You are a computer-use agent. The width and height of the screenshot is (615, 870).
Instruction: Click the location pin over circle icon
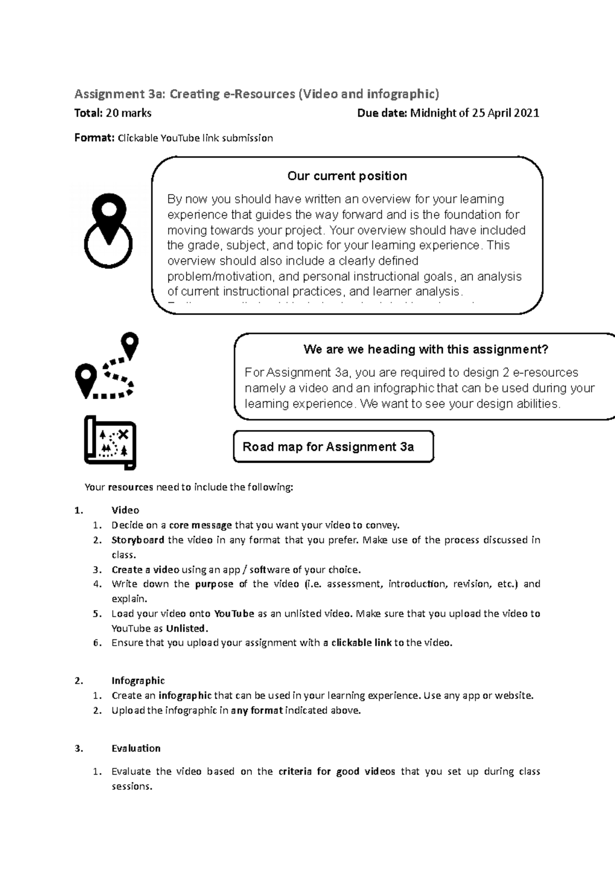[108, 231]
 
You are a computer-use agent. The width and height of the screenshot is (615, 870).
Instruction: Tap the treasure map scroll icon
[110, 443]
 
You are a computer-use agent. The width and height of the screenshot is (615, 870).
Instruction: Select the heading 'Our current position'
[347, 176]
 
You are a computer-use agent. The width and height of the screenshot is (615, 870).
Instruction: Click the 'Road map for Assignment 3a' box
[333, 447]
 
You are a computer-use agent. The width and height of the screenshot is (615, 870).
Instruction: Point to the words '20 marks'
[128, 113]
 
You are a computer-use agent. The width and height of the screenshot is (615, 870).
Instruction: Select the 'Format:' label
[94, 138]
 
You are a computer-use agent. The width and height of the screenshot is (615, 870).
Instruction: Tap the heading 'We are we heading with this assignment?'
[425, 349]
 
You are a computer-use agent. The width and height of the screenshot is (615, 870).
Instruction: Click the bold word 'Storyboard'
[138, 540]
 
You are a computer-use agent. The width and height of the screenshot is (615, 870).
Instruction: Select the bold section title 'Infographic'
[138, 680]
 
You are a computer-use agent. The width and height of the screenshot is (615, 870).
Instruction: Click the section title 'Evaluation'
[136, 748]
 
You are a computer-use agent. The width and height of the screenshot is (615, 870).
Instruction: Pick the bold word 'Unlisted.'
[188, 628]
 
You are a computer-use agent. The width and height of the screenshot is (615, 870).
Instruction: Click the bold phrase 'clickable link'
[361, 643]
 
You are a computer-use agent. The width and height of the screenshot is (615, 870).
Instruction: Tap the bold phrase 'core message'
[200, 525]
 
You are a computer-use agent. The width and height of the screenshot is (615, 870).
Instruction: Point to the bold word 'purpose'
[214, 584]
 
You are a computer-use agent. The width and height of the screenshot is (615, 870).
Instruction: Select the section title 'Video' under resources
[126, 510]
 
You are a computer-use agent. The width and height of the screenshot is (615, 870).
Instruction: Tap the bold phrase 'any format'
[257, 711]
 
